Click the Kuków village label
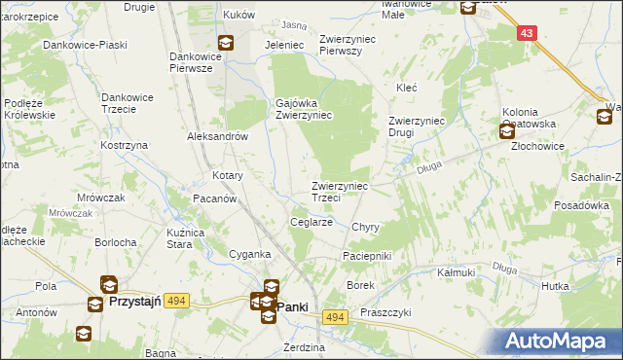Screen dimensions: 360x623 coord(238,16)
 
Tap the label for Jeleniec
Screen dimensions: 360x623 coord(285,45)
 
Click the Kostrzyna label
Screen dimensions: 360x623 coord(124,145)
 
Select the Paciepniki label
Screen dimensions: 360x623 coord(366,255)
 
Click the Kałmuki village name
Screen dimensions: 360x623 coord(456,272)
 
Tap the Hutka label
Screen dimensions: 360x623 coord(555,286)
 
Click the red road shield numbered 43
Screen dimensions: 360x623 coord(528,33)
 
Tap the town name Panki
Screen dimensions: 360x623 coord(293,306)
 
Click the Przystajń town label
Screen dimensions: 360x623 coord(137,302)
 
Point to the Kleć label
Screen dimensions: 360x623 coord(406,88)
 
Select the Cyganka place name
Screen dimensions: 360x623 coord(248,254)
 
